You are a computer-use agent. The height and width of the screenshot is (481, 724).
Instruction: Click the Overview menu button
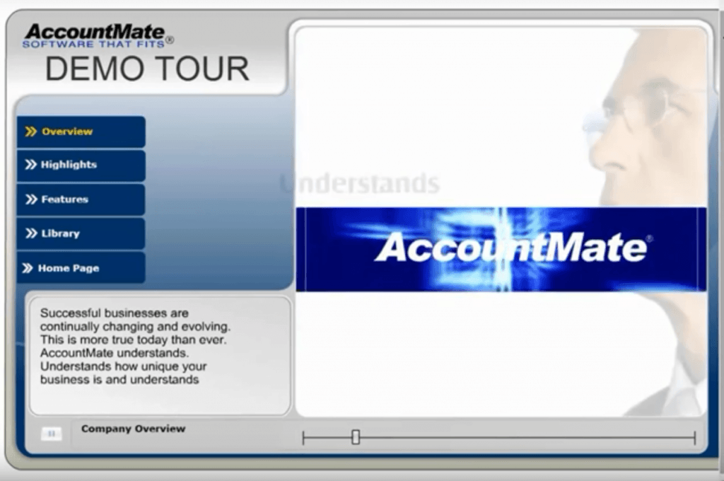pyautogui.click(x=81, y=132)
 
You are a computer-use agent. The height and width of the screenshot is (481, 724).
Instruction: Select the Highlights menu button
pyautogui.click(x=81, y=166)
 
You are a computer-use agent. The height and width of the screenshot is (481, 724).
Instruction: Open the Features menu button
pyautogui.click(x=81, y=199)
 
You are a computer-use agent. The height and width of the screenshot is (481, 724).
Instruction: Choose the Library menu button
pyautogui.click(x=81, y=234)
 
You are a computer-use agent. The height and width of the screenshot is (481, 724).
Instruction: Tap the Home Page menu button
pyautogui.click(x=81, y=268)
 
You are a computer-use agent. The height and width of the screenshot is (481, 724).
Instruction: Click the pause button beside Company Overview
pyautogui.click(x=51, y=434)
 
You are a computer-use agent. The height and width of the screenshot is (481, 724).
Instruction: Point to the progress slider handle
pyautogui.click(x=356, y=437)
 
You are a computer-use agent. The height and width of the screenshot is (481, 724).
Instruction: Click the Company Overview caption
pyautogui.click(x=133, y=429)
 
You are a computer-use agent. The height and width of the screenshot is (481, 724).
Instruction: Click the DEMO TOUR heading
pyautogui.click(x=147, y=69)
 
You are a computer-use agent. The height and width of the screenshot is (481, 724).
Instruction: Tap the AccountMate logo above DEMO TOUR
pyautogui.click(x=95, y=32)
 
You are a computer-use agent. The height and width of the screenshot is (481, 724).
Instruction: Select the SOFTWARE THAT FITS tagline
pyautogui.click(x=94, y=45)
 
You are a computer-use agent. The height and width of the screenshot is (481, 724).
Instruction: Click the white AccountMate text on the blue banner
pyautogui.click(x=511, y=247)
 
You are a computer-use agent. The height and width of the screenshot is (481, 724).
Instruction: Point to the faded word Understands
pyautogui.click(x=360, y=183)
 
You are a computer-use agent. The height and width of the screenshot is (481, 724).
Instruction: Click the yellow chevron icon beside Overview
pyautogui.click(x=31, y=132)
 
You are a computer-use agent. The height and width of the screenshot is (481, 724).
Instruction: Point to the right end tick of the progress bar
pyautogui.click(x=694, y=438)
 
